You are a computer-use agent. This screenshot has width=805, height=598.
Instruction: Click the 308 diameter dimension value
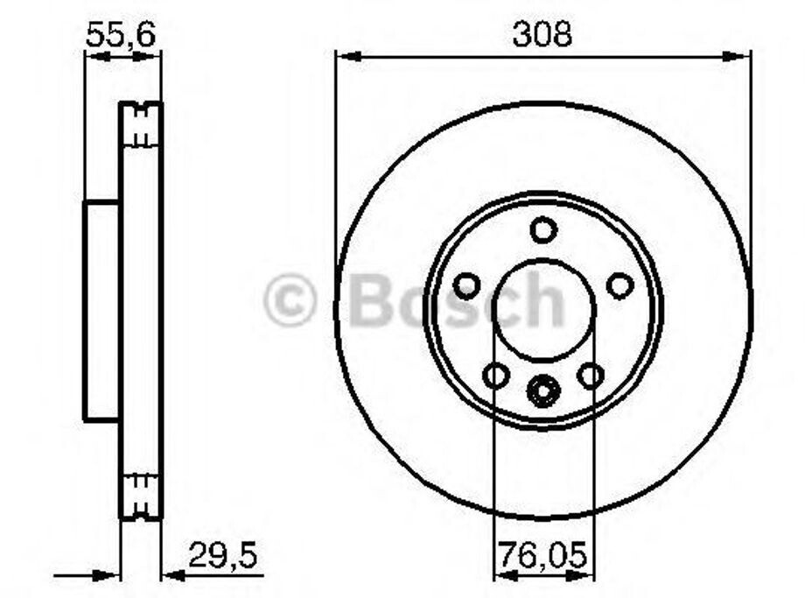[542, 34]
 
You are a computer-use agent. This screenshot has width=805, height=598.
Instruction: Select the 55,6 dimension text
[121, 35]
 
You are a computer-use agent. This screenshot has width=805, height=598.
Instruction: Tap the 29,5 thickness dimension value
[223, 555]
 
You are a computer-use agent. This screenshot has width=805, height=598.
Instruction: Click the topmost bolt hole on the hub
[543, 229]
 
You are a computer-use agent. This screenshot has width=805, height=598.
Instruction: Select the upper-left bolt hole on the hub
[467, 286]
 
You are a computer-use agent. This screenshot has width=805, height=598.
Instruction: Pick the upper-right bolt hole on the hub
[620, 285]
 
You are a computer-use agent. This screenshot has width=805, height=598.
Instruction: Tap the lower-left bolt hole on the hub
[496, 375]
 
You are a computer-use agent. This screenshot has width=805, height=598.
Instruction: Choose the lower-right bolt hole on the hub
[591, 375]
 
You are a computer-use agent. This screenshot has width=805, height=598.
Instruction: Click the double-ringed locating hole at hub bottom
[543, 391]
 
